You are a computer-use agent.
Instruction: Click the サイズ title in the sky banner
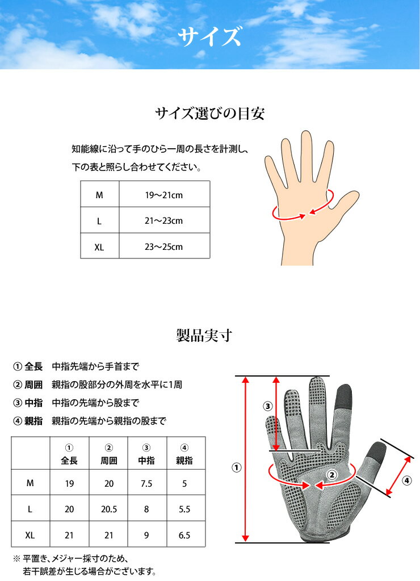(209, 37)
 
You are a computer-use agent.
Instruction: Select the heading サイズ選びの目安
(209, 114)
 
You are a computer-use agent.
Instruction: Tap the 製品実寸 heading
(209, 336)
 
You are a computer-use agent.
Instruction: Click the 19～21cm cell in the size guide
(164, 194)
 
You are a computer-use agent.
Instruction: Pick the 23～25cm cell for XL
(164, 246)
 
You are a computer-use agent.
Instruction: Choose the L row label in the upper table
(99, 221)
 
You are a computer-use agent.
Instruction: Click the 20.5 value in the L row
(108, 509)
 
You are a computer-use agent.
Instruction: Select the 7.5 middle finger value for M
(147, 483)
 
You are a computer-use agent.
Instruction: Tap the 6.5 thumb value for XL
(184, 535)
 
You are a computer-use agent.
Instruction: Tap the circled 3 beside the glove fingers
(268, 406)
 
